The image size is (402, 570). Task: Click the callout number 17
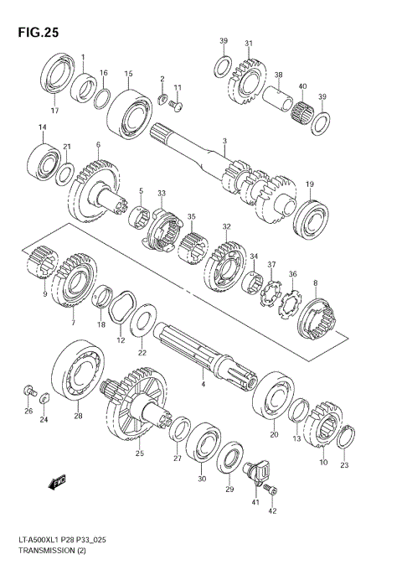coord(55,110)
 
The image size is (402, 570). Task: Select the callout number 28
coord(77,416)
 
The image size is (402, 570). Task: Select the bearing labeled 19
coord(313,217)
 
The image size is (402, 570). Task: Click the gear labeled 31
coord(248,80)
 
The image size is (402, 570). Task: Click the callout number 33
coord(162,194)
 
